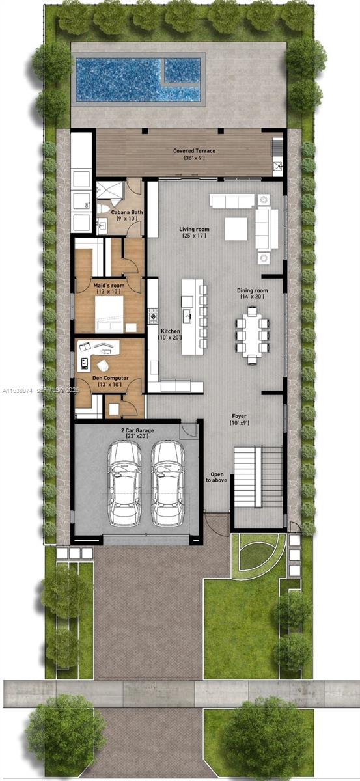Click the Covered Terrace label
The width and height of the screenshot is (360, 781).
pyautogui.click(x=194, y=154)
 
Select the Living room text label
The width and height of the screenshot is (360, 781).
pyautogui.click(x=194, y=232)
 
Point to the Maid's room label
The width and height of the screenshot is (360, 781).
pyautogui.click(x=109, y=289)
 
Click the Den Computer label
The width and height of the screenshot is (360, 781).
pyautogui.click(x=109, y=381)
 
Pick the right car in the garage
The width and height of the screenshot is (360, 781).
pyautogui.click(x=167, y=483)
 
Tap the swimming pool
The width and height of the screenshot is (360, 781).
pyautogui.click(x=137, y=79)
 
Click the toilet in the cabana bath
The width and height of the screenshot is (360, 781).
pyautogui.click(x=106, y=210)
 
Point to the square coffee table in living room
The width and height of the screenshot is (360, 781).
pyautogui.click(x=236, y=228)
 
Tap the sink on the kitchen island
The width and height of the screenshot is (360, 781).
pyautogui.click(x=188, y=316)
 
